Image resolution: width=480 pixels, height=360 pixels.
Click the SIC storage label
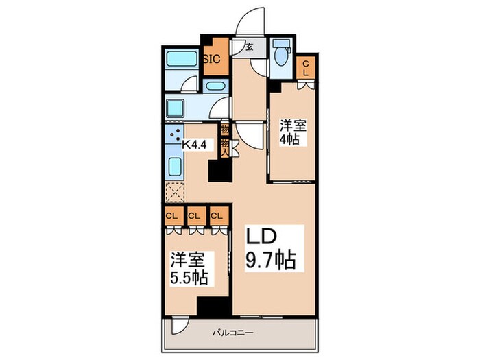[212, 58]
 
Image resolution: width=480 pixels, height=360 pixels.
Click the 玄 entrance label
[252, 47]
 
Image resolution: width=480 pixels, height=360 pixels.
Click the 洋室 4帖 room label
[293, 131]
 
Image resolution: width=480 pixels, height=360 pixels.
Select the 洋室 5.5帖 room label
[188, 269]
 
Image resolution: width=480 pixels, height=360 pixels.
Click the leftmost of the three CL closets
[171, 216]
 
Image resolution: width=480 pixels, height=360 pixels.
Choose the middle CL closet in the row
[195, 216]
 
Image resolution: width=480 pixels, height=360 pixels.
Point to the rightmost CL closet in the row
[217, 216]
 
